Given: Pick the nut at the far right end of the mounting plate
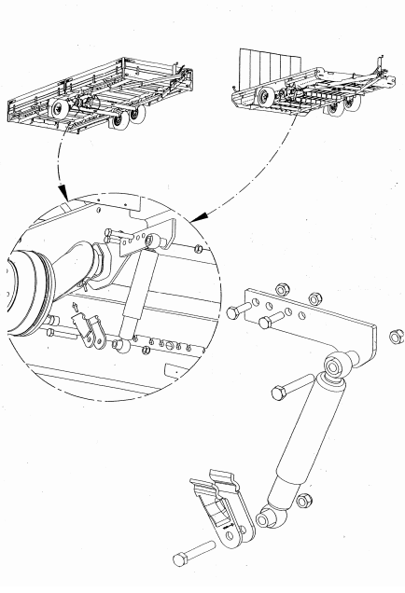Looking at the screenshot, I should pos(395,334).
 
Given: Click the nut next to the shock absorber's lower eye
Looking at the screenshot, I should pos(302,502).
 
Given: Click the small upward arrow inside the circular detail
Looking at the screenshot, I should pos(76,306).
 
